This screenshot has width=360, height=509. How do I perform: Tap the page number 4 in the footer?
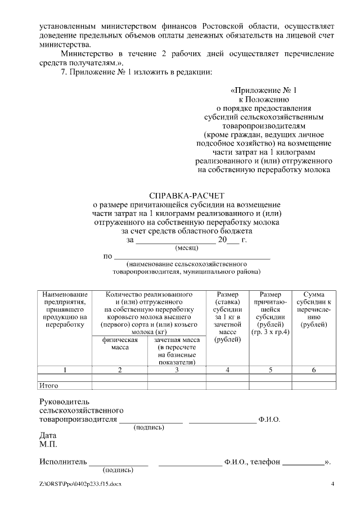pos(332,484)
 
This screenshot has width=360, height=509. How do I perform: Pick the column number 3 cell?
pos(177,370)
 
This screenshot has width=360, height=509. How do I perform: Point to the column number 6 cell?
pos(313,370)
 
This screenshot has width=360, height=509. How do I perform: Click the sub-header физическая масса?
pos(120,344)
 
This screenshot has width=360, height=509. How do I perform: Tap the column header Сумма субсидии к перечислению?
pos(313,310)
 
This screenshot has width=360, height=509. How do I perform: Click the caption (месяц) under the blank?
pos(187,247)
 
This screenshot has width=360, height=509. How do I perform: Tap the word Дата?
pos(48,435)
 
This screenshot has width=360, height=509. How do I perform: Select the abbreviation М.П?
pos(48,444)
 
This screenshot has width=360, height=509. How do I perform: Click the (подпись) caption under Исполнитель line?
pos(118,470)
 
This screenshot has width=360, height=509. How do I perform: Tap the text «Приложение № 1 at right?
pos(263,90)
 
